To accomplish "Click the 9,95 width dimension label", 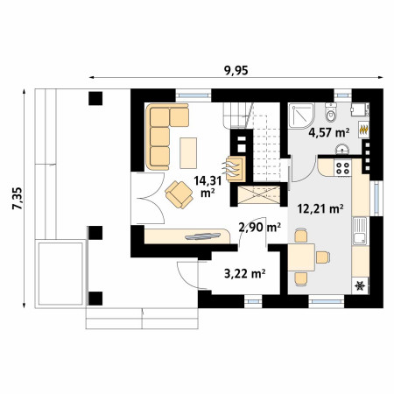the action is point(236,70).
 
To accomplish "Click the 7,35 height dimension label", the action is point(17,199).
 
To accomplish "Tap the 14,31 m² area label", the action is point(208,186).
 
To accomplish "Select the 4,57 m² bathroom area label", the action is point(329,133).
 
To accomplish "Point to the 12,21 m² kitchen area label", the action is point(320,208).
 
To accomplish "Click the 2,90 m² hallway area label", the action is point(260,227).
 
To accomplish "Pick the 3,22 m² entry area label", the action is point(244,273).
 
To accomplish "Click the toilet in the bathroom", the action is point(331,113).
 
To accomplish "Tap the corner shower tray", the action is point(301,116).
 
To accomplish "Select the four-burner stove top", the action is point(342,168).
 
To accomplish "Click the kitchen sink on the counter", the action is point(360,230).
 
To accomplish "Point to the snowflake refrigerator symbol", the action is point(360,285).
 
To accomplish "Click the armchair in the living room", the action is point(179,194).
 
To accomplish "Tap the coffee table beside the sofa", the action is point(188,153).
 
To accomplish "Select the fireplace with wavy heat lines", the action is point(235,170).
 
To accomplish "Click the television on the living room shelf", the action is point(203,236).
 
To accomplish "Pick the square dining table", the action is point(301,257).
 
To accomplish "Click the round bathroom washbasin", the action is point(341,150).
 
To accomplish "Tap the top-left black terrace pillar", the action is point(95,98).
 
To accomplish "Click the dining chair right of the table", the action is point(323,257).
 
